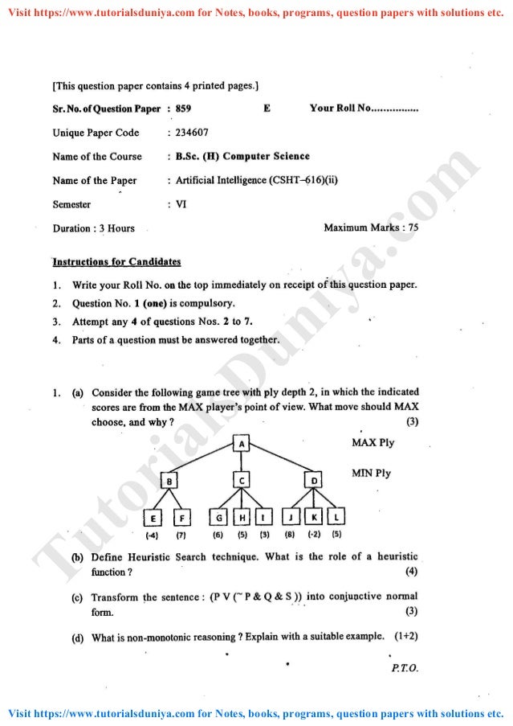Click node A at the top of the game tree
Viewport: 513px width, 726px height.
[x=242, y=444]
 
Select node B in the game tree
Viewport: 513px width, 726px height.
[x=170, y=481]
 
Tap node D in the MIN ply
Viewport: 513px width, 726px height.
[x=314, y=481]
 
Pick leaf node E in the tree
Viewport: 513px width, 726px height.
[x=151, y=517]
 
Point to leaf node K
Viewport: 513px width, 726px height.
[x=315, y=517]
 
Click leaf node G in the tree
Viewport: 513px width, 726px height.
[x=218, y=517]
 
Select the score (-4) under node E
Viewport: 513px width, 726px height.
[x=151, y=535]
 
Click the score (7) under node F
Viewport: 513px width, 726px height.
[x=181, y=535]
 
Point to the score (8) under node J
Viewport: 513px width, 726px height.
[x=290, y=535]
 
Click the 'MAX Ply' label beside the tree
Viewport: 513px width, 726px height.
[x=373, y=443]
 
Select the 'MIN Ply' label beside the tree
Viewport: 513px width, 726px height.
[x=371, y=473]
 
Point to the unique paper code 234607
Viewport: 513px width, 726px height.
[x=191, y=133]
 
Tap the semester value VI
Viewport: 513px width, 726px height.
[x=181, y=204]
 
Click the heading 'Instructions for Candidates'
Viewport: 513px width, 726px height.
[x=116, y=262]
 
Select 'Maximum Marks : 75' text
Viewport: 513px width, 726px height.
[x=371, y=228]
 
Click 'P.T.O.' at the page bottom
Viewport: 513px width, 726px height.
[x=403, y=667]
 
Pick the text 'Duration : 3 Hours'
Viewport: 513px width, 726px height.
[x=94, y=228]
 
